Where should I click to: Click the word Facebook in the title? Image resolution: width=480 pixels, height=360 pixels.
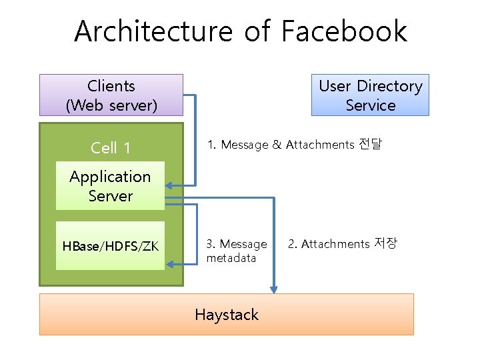point(344,31)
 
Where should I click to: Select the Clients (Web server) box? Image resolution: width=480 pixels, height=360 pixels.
point(111,95)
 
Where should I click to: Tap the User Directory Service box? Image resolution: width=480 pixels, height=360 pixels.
point(370,95)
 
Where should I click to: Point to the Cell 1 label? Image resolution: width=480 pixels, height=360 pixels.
point(111,148)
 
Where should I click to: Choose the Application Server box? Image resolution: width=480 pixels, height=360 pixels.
point(110,186)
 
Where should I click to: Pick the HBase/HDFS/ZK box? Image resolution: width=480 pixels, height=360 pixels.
point(110,246)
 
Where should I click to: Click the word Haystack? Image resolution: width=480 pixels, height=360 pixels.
point(227,315)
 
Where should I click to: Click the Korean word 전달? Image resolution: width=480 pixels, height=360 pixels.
point(370,144)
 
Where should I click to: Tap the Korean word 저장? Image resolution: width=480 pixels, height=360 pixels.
point(385,244)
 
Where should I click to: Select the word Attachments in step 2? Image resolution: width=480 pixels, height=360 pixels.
point(335,244)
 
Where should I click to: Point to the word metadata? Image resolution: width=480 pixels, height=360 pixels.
point(231,258)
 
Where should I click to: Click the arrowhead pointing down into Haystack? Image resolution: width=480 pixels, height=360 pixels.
point(273,288)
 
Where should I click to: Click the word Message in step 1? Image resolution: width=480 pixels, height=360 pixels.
point(244,145)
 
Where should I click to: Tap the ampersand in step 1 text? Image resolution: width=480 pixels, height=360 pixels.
point(277,145)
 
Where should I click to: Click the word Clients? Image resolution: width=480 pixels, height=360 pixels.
point(111,86)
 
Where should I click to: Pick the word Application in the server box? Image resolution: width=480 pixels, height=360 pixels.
point(110,177)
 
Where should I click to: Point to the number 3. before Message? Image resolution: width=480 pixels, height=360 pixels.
point(211,244)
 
